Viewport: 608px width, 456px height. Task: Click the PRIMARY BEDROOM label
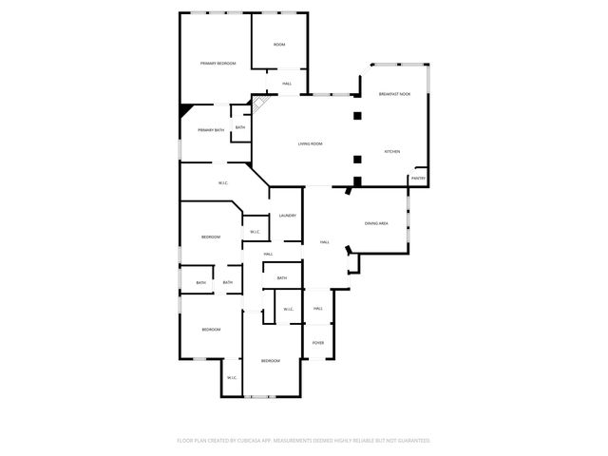coord(218,63)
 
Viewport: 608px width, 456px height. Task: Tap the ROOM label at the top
coord(279,45)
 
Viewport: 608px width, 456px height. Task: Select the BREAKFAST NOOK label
coord(394,94)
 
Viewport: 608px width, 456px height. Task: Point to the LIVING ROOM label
coord(311,143)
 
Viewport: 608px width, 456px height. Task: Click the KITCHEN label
coord(392,152)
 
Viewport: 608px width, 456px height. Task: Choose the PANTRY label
coord(418,178)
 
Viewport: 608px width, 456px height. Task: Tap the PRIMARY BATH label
coord(211,129)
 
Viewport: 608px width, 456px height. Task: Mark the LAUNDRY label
coord(287,216)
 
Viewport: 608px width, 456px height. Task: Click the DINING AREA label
coord(377,223)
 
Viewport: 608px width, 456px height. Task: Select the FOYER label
coord(318,342)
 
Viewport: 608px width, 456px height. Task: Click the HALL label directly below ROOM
coord(286,85)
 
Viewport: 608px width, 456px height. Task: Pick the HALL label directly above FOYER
coord(318,308)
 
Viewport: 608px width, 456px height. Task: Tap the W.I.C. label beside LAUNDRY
coord(255,232)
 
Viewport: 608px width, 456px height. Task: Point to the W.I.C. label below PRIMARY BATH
coord(222,182)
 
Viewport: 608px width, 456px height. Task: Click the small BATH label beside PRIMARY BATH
coord(240,127)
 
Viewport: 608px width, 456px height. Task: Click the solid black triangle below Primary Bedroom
coord(186,109)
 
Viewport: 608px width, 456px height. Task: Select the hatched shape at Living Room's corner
coord(258,104)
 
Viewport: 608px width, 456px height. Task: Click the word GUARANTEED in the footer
coord(410,441)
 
